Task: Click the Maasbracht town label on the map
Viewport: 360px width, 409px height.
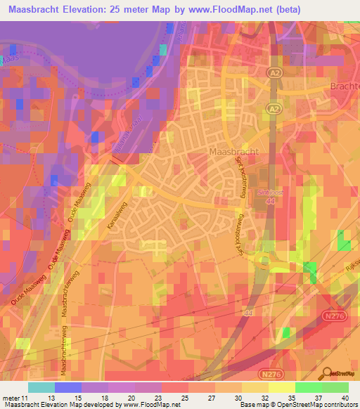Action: [x=235, y=151]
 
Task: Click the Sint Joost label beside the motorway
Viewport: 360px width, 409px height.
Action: [x=269, y=192]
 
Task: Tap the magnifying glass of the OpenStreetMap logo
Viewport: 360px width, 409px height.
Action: [x=326, y=372]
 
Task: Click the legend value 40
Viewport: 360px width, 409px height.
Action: [x=342, y=397]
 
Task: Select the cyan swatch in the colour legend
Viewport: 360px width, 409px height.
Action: [x=41, y=387]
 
